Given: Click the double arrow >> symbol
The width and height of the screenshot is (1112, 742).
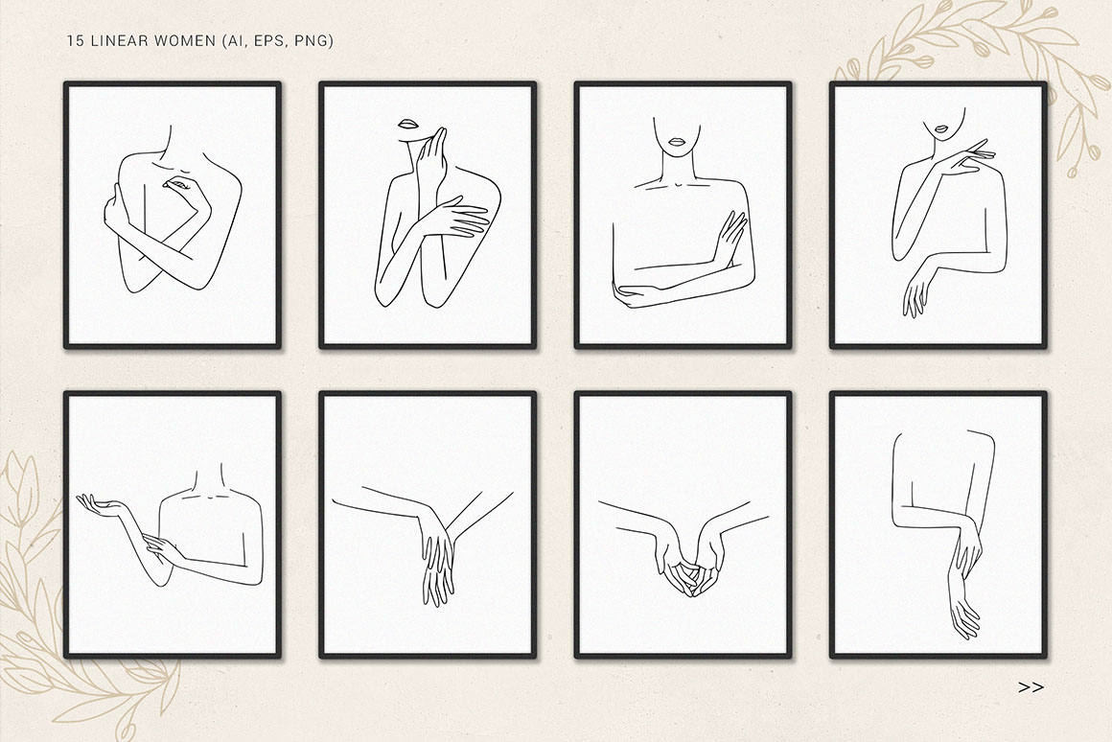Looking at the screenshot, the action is tap(1031, 686).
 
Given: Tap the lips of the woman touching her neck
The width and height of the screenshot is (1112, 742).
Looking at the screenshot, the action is tap(407, 124).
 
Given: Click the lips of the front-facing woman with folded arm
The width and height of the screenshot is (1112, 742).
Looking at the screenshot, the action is tap(676, 141).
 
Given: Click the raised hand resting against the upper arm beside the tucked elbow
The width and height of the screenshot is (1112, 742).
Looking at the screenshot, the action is tap(730, 238).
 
